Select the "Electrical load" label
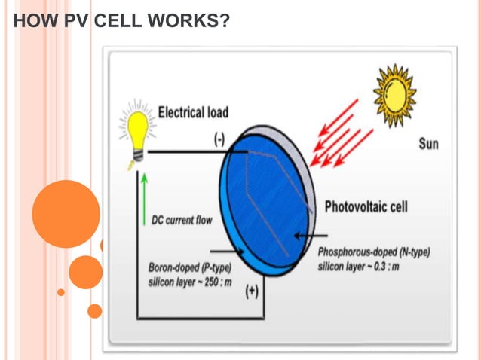click(193, 112)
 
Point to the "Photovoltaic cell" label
click(366, 206)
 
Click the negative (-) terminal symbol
click(218, 139)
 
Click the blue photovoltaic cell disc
click(264, 200)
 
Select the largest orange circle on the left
click(66, 213)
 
